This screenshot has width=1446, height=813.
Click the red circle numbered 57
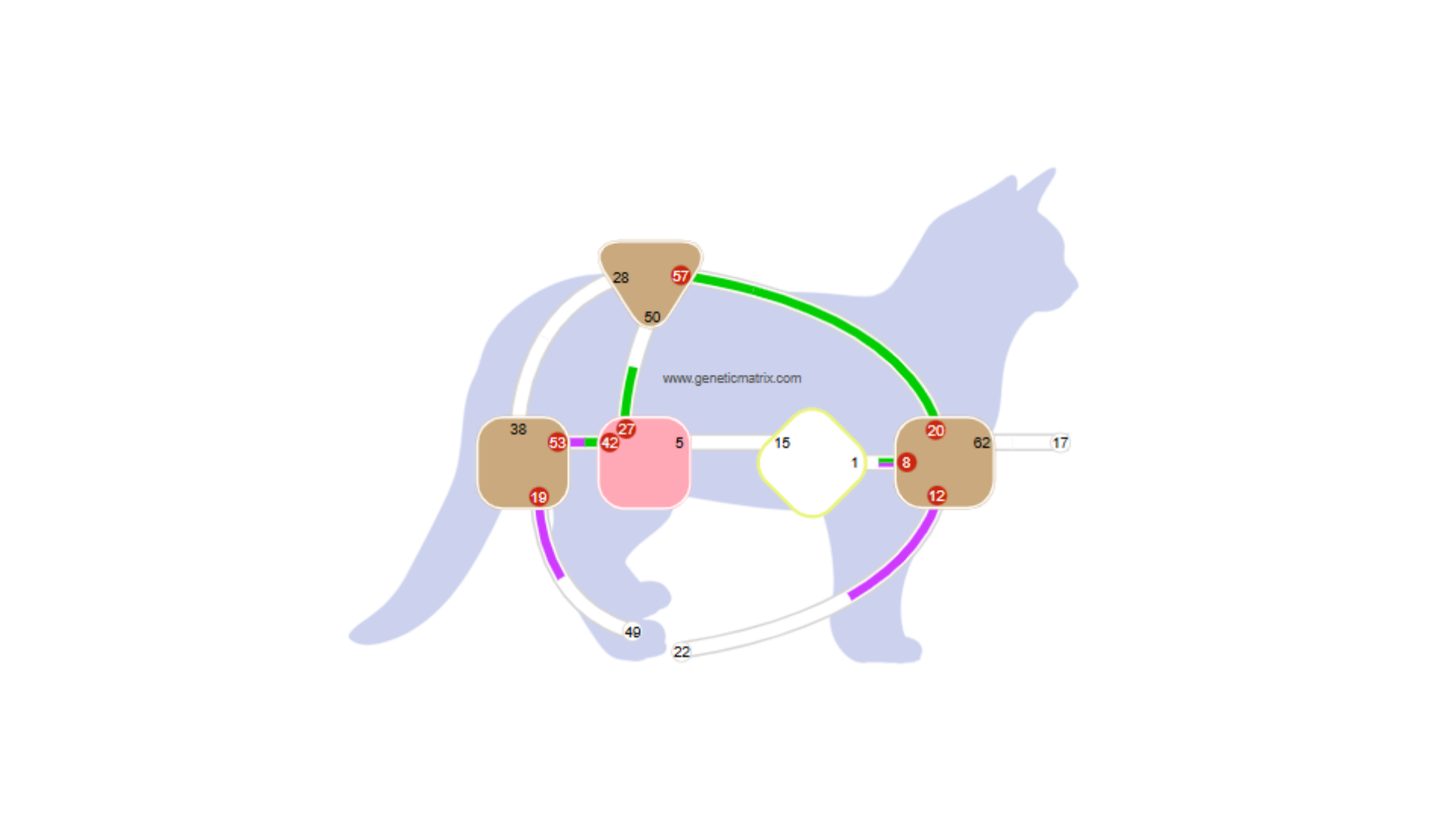click(680, 276)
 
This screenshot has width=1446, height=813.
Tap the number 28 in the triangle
click(621, 278)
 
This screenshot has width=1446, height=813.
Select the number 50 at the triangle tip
click(652, 318)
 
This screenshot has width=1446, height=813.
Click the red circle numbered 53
click(557, 443)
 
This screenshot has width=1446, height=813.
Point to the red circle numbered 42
click(610, 443)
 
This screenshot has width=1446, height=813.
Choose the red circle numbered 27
click(626, 429)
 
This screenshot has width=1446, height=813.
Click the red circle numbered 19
click(538, 497)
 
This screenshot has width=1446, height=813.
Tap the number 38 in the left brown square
click(518, 429)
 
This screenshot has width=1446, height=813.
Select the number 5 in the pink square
click(679, 443)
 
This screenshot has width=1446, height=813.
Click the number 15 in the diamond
click(782, 443)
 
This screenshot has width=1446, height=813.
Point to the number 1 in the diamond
click(854, 462)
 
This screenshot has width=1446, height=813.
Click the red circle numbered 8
click(906, 462)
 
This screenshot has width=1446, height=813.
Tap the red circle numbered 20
click(935, 431)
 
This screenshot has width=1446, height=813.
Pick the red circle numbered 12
click(936, 495)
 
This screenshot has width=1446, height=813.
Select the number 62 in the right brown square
click(981, 443)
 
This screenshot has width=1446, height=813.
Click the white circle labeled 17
click(1060, 443)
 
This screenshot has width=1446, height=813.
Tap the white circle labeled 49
click(633, 632)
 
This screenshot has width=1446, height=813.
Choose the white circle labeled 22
click(682, 652)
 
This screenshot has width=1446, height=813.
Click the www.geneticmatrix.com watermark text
click(731, 378)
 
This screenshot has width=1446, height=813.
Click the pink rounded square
click(644, 474)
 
